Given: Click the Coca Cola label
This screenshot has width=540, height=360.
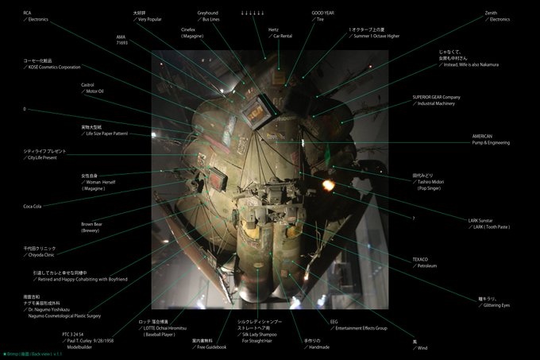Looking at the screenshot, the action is point(33,206).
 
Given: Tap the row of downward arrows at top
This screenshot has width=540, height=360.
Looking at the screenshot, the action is point(253,13).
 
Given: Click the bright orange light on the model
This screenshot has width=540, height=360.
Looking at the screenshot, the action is point(329,185).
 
